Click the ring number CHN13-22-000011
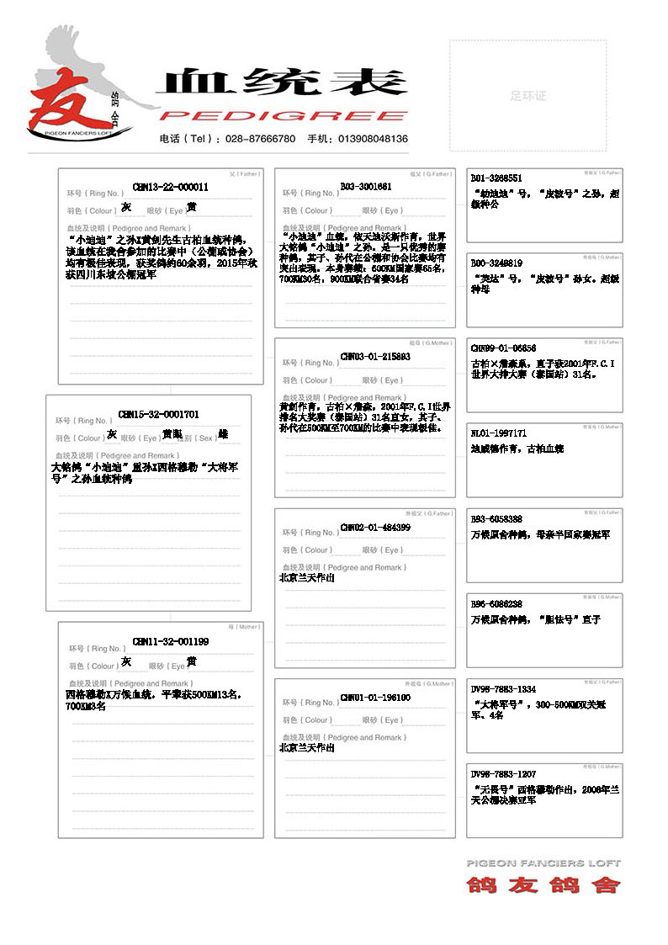coord(170,187)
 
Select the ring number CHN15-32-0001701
coord(159,414)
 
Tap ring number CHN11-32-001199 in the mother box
coord(170,642)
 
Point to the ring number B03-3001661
coord(366,187)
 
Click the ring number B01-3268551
coord(496,178)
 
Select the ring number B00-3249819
coord(496,263)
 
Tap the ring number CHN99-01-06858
coord(503,348)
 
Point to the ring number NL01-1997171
coord(498,433)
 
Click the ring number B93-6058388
coord(496,519)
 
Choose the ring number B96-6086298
coord(496,604)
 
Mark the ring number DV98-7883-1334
coord(503,689)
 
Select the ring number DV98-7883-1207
coord(503,774)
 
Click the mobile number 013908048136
coord(369,139)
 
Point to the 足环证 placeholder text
coord(528,96)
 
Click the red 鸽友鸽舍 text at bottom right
coord(543,884)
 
